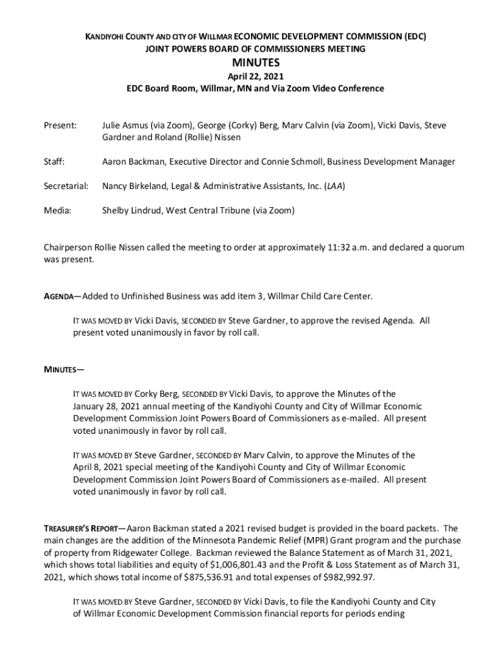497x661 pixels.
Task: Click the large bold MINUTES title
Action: (x=256, y=63)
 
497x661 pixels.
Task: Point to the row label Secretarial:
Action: (x=66, y=186)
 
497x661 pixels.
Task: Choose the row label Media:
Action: (x=57, y=210)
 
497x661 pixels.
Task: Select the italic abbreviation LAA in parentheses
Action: (x=334, y=186)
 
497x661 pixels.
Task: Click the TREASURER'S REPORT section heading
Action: (x=80, y=529)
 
